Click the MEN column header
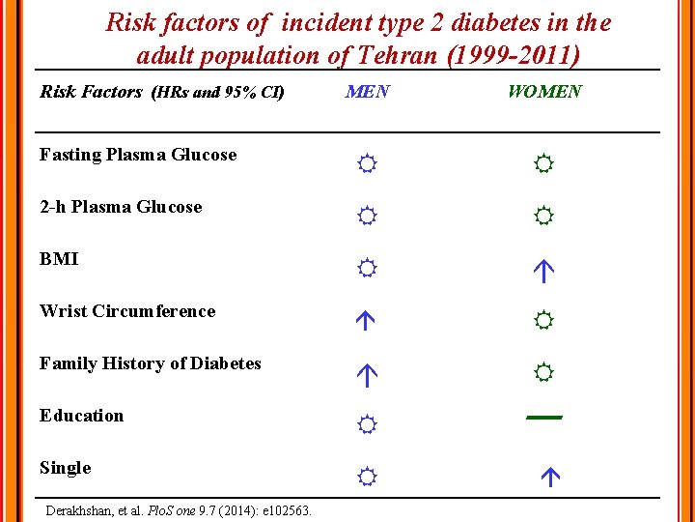pos(367,92)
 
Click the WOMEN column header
pos(544,92)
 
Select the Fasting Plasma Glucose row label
pos(138,155)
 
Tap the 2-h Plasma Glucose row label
pos(121,207)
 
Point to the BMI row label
pos(59,259)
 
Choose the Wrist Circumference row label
pos(127,311)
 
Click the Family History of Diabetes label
pos(151,363)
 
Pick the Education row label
pos(82,416)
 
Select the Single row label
pos(66,468)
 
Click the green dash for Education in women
pos(543,418)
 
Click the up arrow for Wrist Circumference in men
pos(365,321)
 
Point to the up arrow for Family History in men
pos(366,374)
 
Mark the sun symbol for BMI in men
pos(366,269)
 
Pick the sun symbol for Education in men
pos(366,424)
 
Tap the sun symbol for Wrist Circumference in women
pos(543,319)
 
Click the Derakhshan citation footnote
pos(179,509)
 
